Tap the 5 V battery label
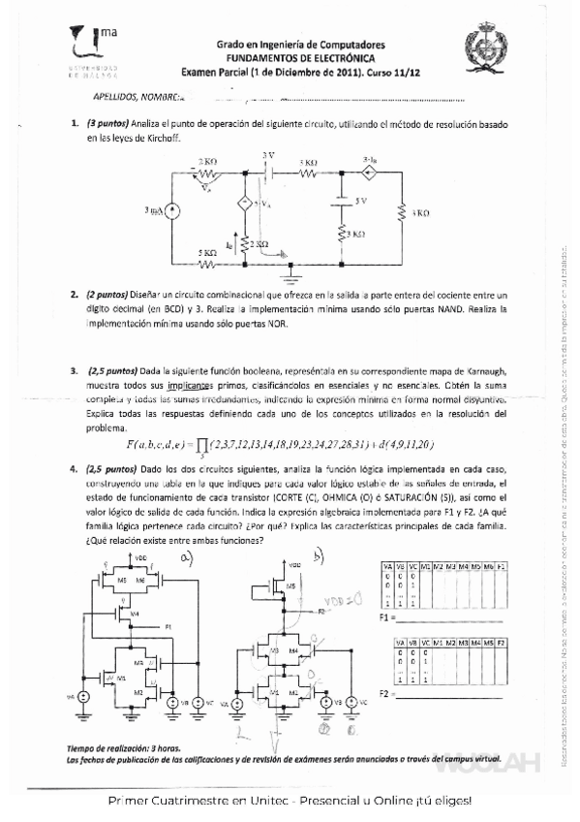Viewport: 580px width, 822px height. point(359,200)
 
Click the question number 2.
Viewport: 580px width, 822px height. point(74,293)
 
